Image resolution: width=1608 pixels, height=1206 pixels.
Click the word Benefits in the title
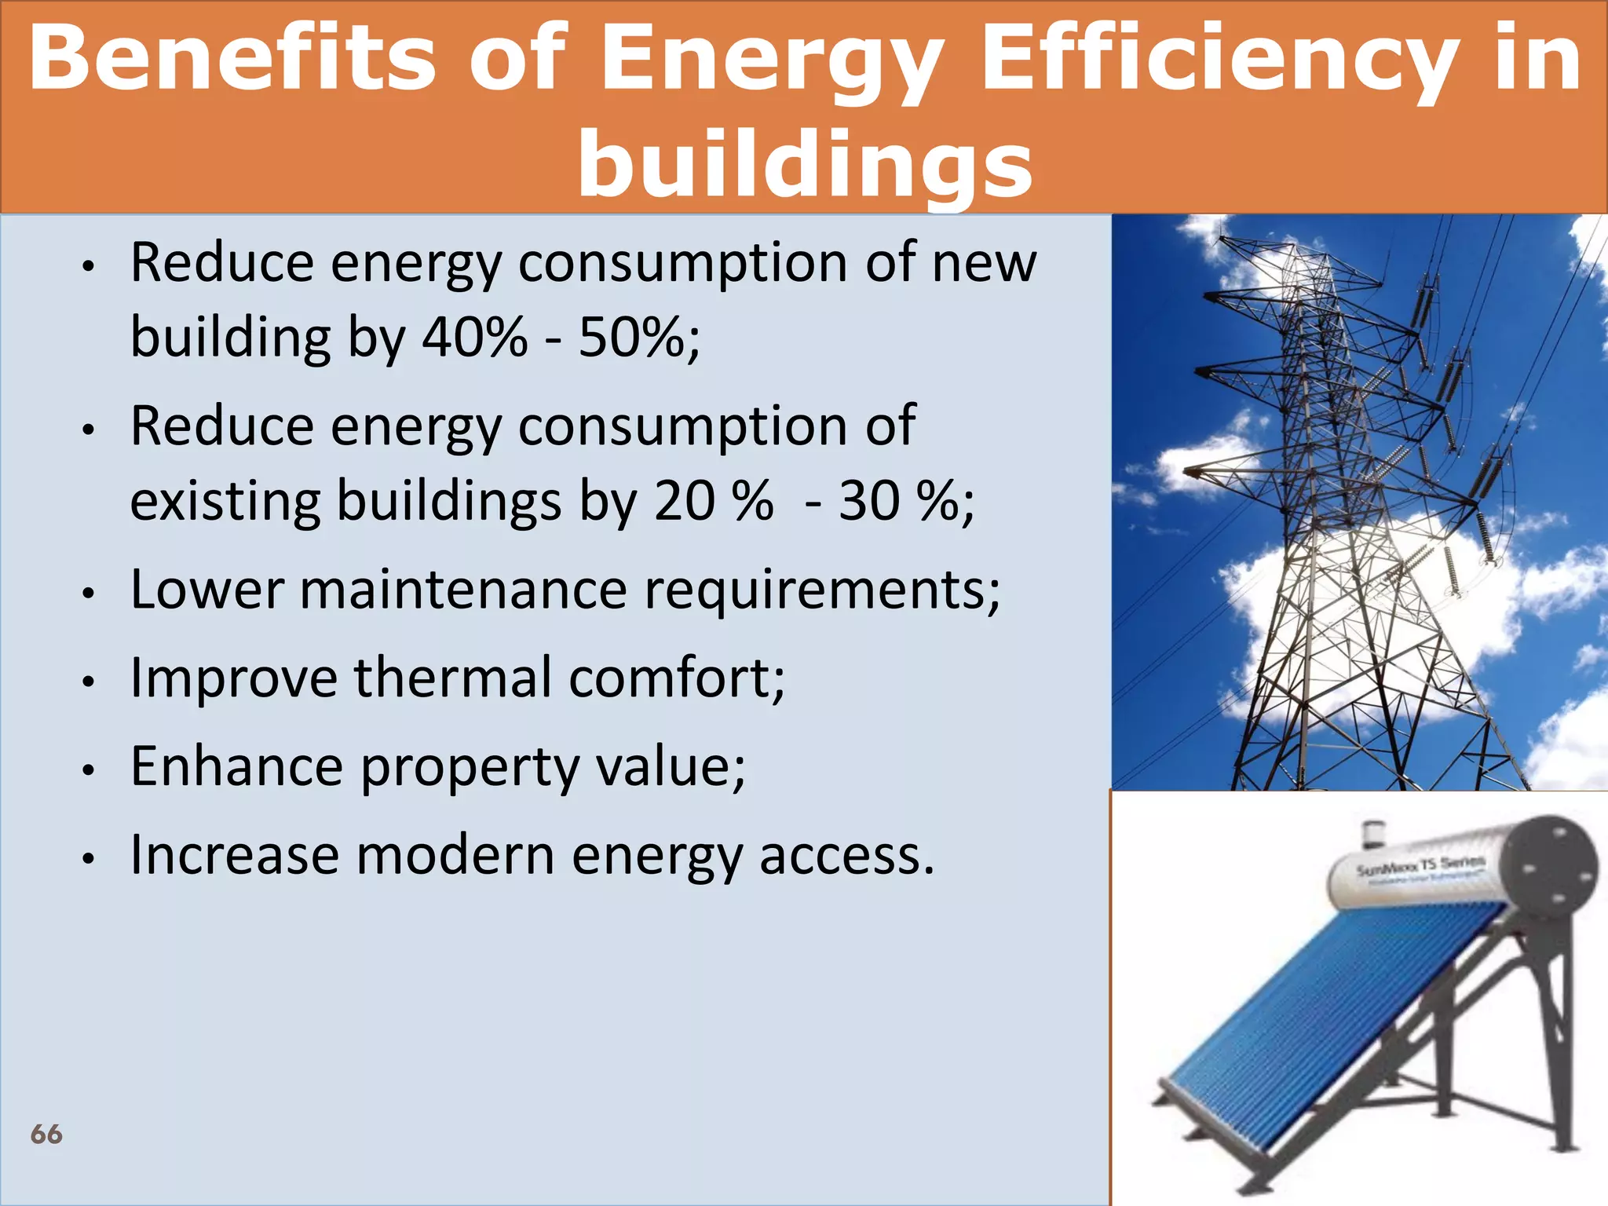[231, 57]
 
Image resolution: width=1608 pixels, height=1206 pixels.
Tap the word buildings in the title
[804, 163]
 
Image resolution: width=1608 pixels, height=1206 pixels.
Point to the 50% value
[632, 338]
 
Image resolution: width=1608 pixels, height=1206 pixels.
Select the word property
[470, 768]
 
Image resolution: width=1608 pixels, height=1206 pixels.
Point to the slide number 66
[46, 1134]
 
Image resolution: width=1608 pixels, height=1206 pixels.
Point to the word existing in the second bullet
[225, 500]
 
